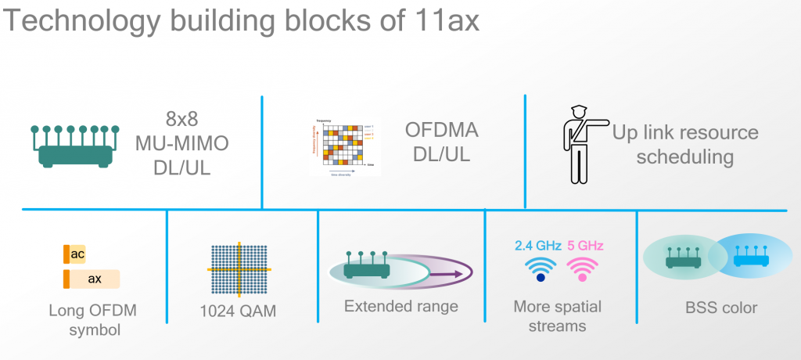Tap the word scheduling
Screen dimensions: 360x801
684,157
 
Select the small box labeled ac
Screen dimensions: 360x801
74,255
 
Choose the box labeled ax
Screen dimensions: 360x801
92,279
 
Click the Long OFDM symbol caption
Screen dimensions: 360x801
92,320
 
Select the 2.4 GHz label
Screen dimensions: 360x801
538,246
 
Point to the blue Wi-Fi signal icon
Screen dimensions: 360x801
540,268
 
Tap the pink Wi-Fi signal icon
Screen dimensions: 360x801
581,268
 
